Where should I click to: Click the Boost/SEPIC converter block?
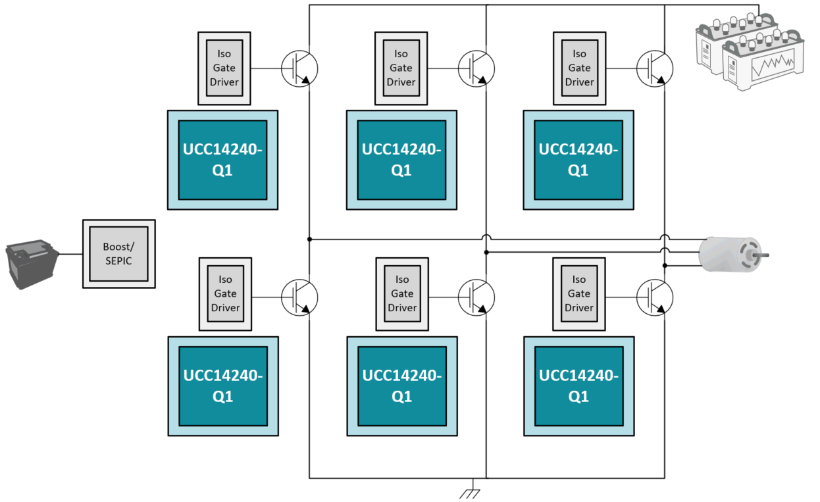119,254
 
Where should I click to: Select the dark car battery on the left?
31,264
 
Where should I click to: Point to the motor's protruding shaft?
763,255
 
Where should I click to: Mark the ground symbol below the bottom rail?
469,493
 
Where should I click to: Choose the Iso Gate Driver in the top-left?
224,68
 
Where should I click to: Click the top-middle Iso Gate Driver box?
401,68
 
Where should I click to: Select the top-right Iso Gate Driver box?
579,68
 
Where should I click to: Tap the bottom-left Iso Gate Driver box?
225,293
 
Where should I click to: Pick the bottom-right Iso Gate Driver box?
579,293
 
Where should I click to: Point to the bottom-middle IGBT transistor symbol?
476,297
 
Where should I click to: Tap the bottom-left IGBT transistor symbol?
299,297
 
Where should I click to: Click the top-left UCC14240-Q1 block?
223,160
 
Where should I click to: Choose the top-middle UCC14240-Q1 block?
401,160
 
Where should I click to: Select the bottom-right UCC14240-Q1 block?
578,386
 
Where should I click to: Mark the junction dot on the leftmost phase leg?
309,239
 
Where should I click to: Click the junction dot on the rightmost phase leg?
665,266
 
